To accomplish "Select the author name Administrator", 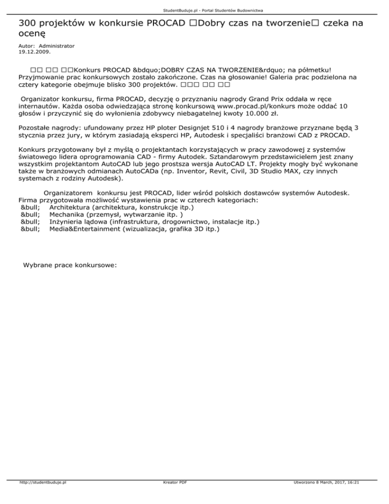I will (56, 46).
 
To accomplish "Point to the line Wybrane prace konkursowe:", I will (70, 265).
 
